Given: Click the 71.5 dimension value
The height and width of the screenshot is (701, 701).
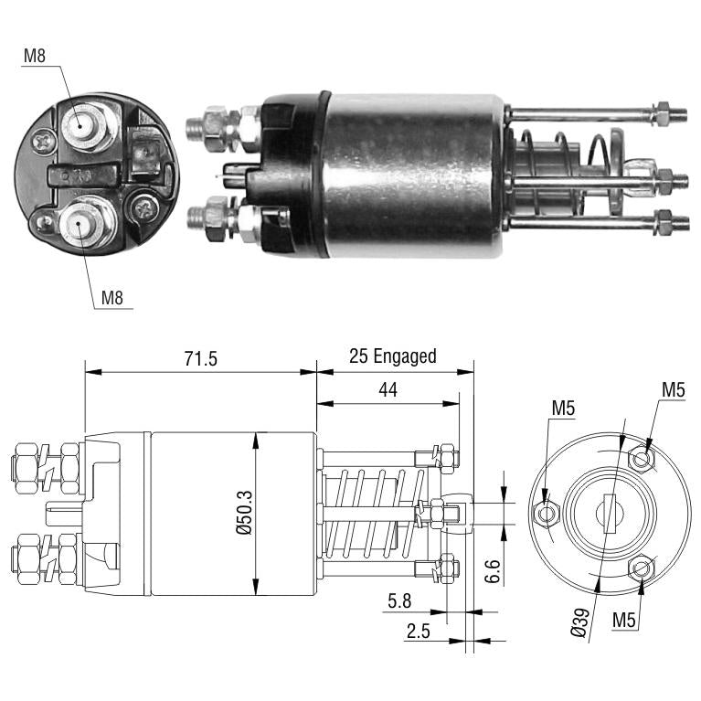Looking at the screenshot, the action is coord(201,359).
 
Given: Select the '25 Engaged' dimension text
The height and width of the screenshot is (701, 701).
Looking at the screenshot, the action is coord(392,356).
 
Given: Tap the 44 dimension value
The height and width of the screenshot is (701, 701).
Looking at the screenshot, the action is coord(388,390).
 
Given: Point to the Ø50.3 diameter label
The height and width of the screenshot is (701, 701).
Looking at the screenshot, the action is coord(245,513).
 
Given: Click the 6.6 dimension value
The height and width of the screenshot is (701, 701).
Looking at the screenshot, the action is coord(493,571).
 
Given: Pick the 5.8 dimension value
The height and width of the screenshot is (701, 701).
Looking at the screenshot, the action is coord(399,601).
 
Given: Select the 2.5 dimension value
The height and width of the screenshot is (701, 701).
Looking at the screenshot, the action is coord(418,631).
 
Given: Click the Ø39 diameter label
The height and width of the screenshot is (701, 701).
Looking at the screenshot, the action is coord(579,621).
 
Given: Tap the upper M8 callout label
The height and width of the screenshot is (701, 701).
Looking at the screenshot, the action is coord(35,56).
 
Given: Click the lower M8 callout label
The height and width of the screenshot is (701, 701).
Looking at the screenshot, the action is coord(112,297).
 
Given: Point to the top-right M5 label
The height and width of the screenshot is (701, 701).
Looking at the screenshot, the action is coord(674,390).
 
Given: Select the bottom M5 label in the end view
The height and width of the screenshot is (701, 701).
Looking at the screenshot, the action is coord(623,620).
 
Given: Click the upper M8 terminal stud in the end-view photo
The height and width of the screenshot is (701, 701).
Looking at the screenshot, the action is coord(80,125).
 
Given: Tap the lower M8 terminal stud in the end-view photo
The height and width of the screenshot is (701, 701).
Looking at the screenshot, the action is coord(80,222).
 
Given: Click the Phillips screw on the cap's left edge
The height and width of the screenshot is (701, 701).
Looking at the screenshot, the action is coord(44,143).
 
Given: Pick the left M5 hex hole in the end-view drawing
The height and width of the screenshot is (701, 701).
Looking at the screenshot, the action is coord(546,514).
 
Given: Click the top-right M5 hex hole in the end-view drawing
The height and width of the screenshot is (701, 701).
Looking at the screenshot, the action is coord(642,458).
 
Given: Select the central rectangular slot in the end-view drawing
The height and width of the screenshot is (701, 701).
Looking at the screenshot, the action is coord(609,514).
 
